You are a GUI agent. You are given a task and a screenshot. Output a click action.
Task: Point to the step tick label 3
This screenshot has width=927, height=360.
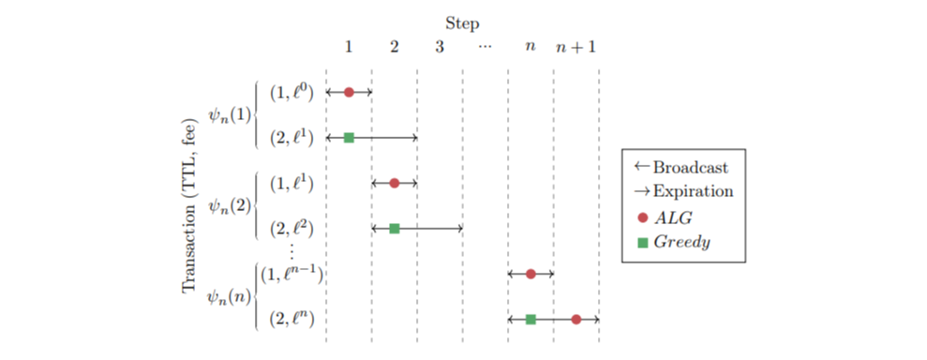(440, 46)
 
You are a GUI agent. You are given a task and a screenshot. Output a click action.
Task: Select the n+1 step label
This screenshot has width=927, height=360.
(576, 46)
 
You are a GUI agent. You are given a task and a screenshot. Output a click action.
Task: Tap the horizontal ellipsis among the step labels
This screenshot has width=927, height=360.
(485, 46)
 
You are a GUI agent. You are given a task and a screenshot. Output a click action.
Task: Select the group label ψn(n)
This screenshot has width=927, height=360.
(230, 296)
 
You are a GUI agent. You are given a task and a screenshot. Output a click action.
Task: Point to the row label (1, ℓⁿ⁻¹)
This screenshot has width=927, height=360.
(291, 274)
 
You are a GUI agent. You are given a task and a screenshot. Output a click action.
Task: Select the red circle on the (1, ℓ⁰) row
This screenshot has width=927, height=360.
(349, 92)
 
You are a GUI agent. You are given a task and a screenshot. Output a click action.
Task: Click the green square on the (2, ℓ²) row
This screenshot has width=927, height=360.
(395, 228)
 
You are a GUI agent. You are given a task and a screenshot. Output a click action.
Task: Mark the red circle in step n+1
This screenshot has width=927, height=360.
(576, 319)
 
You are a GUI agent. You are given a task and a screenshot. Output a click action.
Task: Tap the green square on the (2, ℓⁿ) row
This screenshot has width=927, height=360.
(531, 319)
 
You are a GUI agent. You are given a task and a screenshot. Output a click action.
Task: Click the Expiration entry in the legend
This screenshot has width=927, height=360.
(683, 191)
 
